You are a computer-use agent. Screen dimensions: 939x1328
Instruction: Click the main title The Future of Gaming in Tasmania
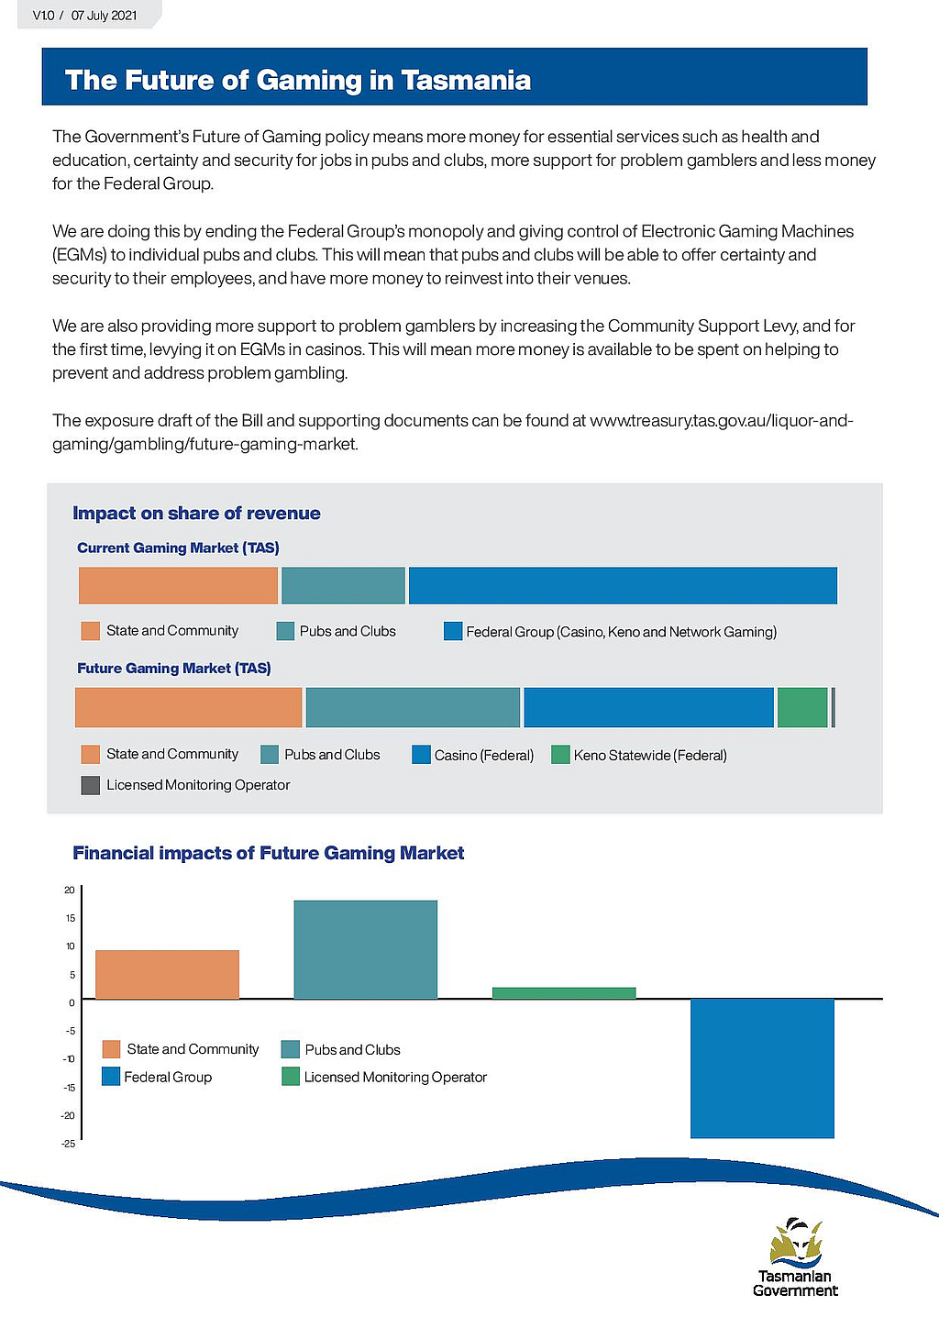pyautogui.click(x=298, y=80)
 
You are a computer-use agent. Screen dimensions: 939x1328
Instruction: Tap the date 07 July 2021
pyautogui.click(x=104, y=16)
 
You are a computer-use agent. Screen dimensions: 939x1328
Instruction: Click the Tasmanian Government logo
pyautogui.click(x=796, y=1256)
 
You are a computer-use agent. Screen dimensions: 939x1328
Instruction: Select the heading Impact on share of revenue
pyautogui.click(x=196, y=513)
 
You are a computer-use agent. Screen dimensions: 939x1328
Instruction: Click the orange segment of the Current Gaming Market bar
pyautogui.click(x=178, y=585)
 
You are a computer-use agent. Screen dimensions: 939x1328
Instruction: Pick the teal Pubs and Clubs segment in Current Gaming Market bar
pyautogui.click(x=343, y=585)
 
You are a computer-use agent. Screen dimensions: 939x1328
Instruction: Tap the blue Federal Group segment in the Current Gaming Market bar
pyautogui.click(x=623, y=585)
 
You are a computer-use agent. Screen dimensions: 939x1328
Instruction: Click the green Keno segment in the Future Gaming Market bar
pyautogui.click(x=802, y=707)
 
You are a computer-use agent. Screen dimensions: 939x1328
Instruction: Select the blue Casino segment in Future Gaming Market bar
pyautogui.click(x=648, y=707)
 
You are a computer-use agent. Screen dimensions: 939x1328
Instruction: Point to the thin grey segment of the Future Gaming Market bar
pyautogui.click(x=834, y=707)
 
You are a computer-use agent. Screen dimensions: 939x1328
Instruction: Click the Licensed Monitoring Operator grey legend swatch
pyautogui.click(x=90, y=785)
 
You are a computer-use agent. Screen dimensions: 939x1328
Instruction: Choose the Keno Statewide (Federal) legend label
pyautogui.click(x=650, y=756)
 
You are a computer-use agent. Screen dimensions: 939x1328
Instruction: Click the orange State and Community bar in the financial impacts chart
pyautogui.click(x=167, y=974)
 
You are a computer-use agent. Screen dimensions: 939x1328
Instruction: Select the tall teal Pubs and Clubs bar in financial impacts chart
pyautogui.click(x=366, y=949)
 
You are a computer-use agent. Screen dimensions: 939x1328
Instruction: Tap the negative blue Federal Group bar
pyautogui.click(x=762, y=1068)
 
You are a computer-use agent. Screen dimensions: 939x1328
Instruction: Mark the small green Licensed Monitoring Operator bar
pyautogui.click(x=564, y=993)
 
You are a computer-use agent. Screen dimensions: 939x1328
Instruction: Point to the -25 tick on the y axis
pyautogui.click(x=69, y=1144)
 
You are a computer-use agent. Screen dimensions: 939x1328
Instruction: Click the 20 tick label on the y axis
pyautogui.click(x=70, y=890)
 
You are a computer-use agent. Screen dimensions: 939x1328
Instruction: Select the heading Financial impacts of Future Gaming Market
pyautogui.click(x=268, y=853)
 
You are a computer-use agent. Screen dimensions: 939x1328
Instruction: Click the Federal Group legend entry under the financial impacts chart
pyautogui.click(x=157, y=1077)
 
